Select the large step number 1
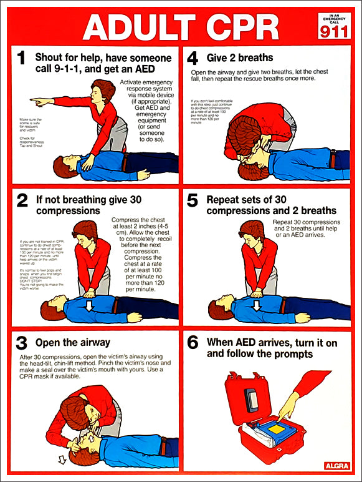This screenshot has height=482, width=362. (21, 59)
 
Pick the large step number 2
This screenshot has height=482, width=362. (22, 200)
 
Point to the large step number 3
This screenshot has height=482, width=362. (22, 343)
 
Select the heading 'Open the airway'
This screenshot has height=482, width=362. (72, 342)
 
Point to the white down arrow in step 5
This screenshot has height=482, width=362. (257, 305)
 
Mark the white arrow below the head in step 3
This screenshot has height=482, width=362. (61, 461)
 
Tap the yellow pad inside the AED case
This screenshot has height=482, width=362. (276, 430)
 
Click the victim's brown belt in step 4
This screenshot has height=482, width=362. (331, 159)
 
